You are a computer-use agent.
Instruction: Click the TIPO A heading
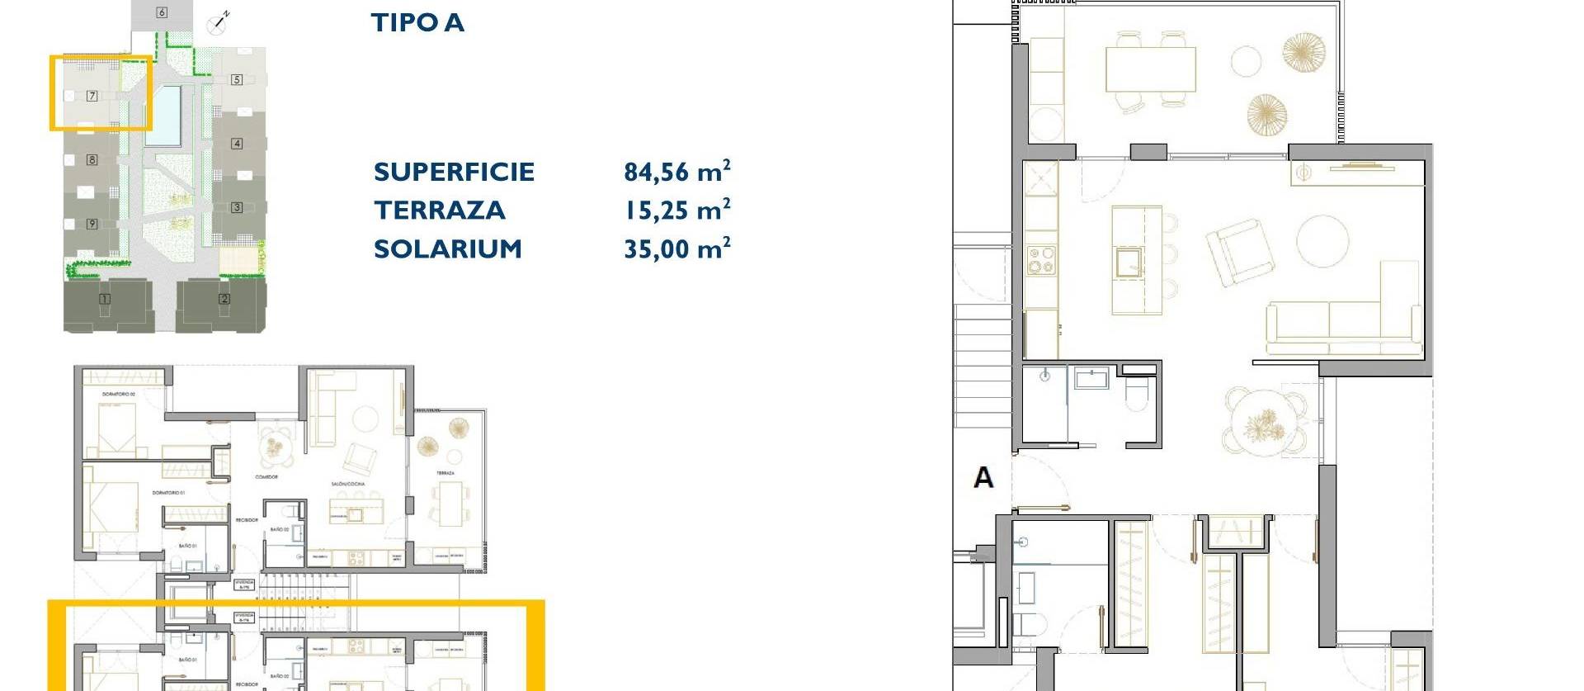(x=417, y=22)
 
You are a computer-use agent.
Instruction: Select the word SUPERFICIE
(x=454, y=172)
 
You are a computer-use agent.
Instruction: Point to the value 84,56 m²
(x=676, y=171)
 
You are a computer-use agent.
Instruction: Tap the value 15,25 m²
(x=676, y=210)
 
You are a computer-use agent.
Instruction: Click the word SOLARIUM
(x=448, y=248)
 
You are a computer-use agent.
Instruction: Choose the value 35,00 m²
(x=676, y=248)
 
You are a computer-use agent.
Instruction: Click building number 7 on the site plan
(x=92, y=96)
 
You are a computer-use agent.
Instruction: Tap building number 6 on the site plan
(x=162, y=12)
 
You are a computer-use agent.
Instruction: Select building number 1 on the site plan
(x=105, y=299)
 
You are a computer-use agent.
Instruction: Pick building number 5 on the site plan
(x=237, y=79)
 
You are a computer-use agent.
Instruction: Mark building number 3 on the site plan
(x=237, y=207)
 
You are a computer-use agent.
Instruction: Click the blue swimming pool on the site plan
(x=163, y=116)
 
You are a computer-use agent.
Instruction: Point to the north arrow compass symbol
(x=219, y=22)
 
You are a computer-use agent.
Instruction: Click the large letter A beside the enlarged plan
(x=983, y=477)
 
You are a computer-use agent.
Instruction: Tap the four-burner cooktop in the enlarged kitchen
(x=1040, y=260)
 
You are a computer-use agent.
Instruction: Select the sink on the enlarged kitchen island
(x=1129, y=263)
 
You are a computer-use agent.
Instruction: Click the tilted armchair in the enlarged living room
(x=1234, y=251)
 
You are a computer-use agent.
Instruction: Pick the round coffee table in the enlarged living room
(x=1322, y=240)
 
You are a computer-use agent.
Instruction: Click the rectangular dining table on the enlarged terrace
(x=1150, y=69)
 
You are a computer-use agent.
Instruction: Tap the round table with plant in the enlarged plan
(x=1262, y=422)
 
